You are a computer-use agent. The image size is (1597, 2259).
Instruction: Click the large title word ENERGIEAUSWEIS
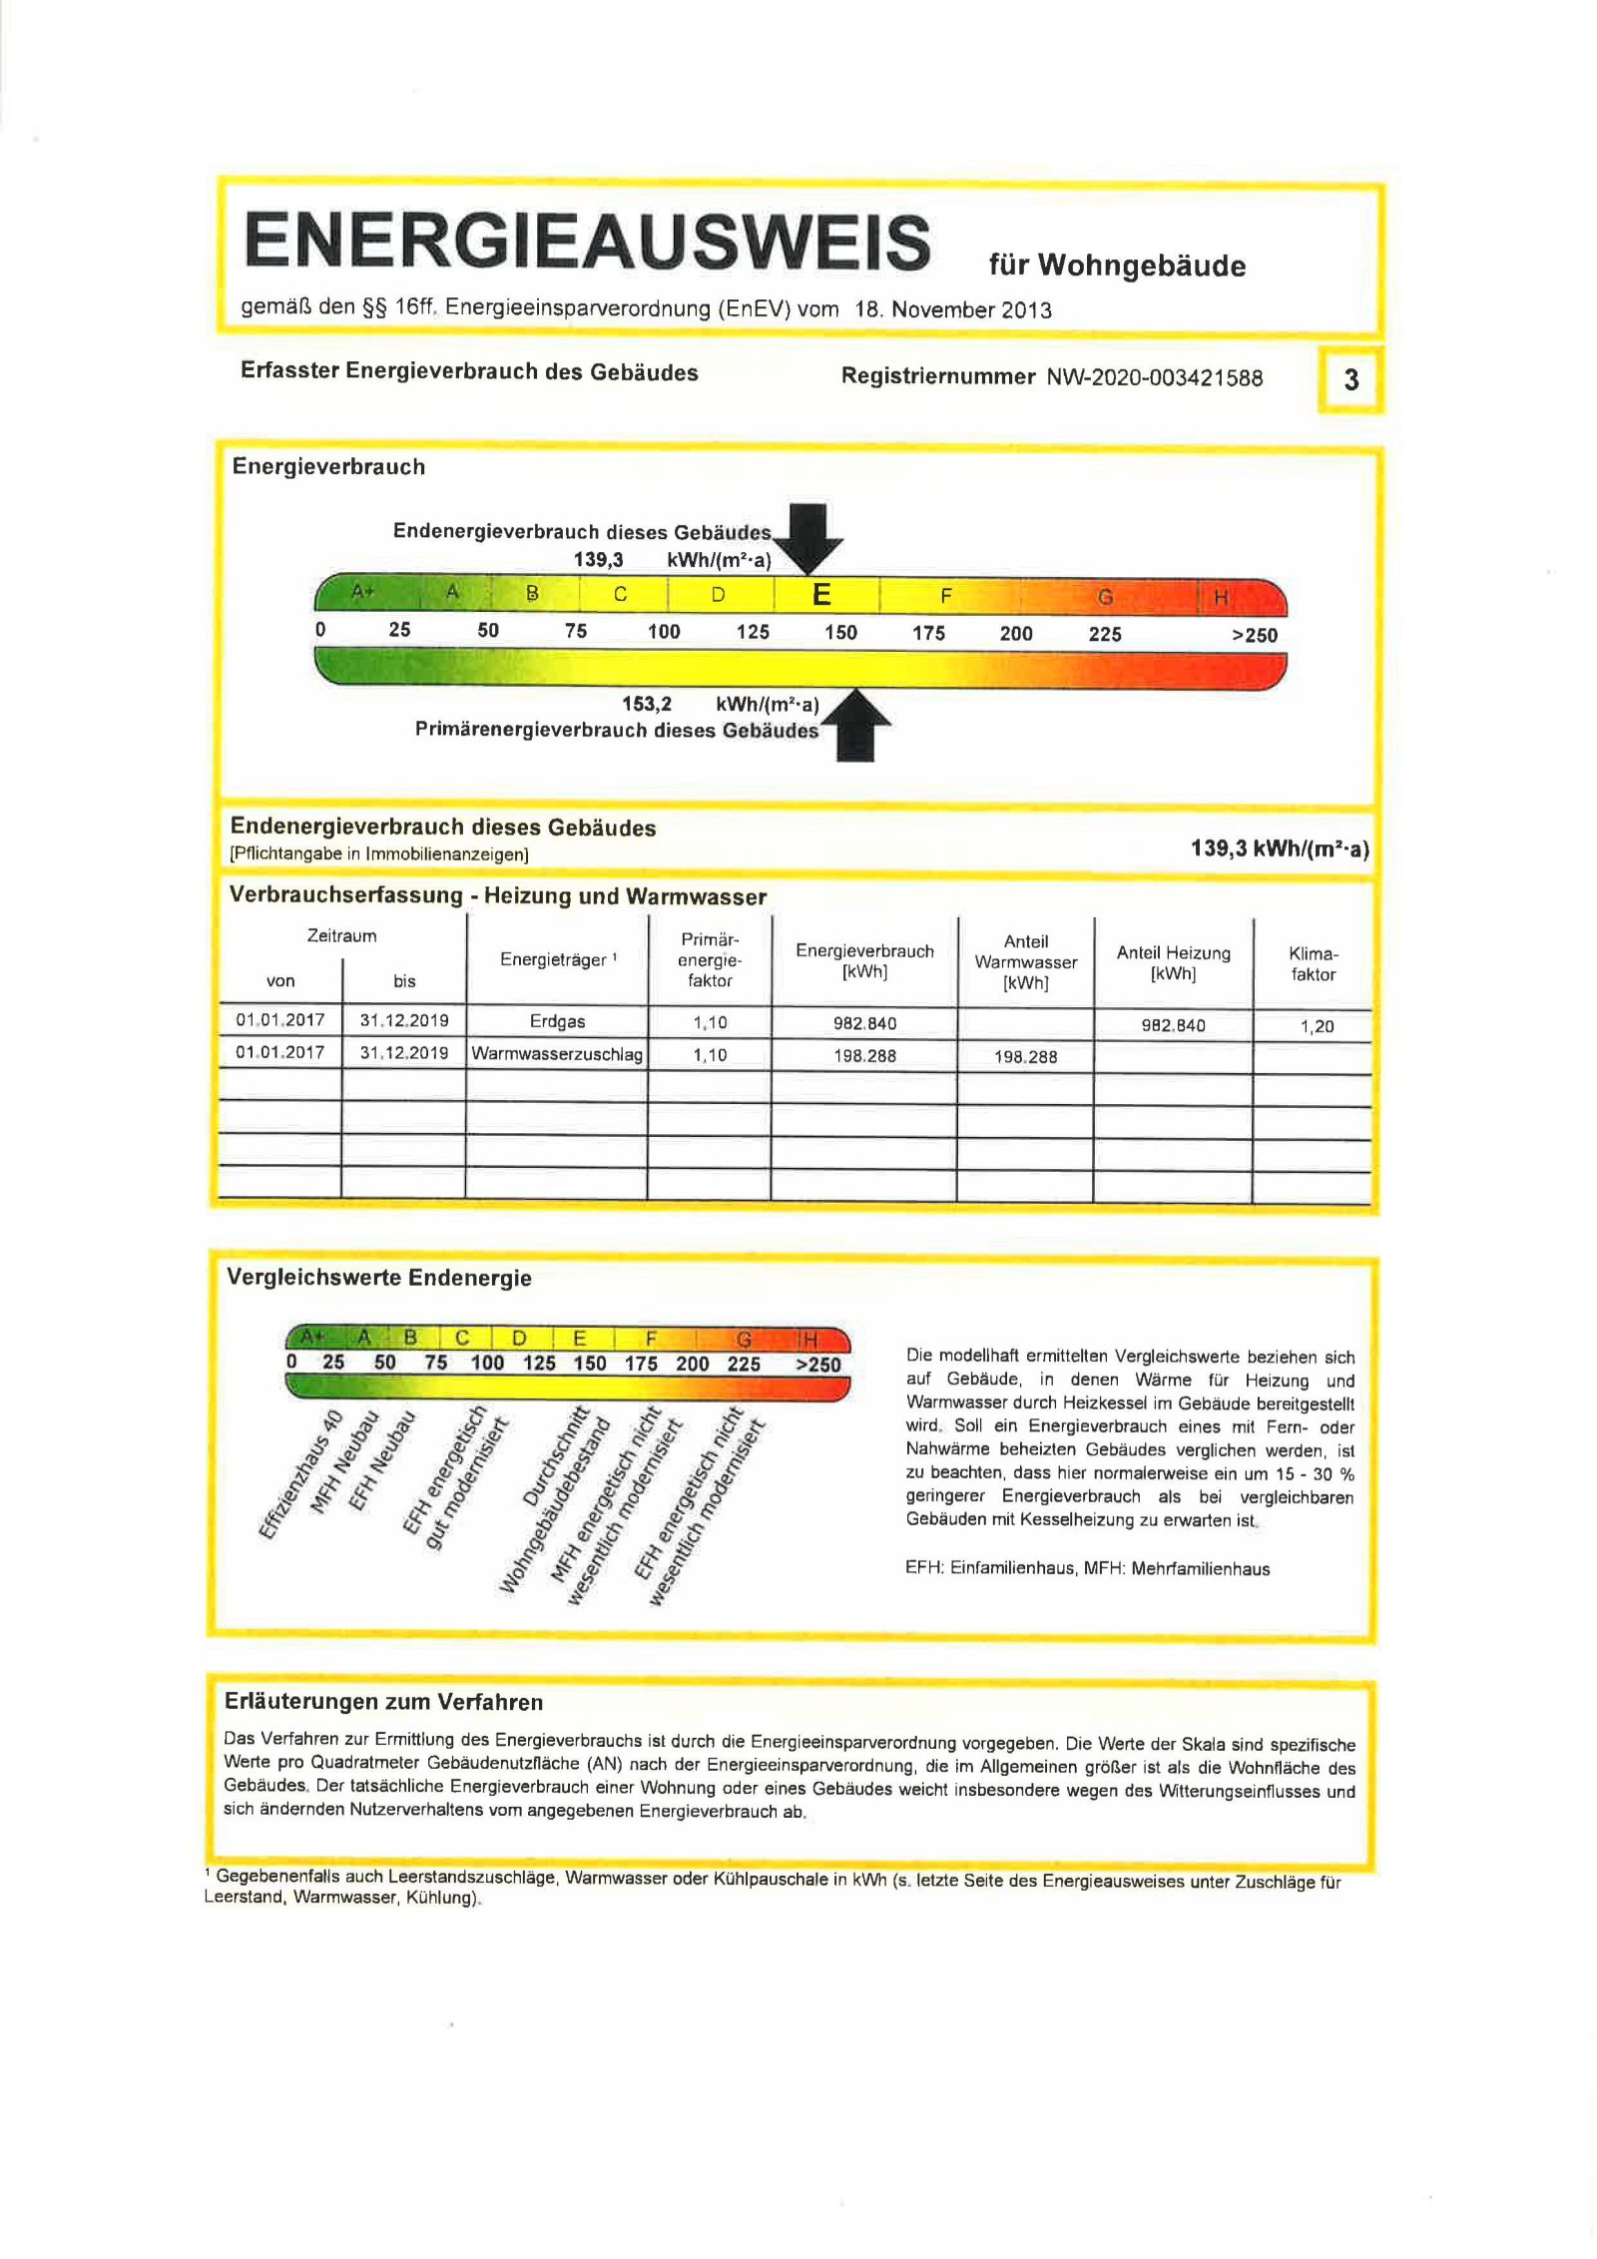[x=587, y=241]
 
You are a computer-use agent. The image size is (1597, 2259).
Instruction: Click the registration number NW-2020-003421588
[x=1154, y=377]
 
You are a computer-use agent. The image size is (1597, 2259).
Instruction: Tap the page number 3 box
[x=1350, y=379]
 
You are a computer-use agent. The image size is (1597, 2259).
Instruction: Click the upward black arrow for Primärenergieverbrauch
[x=855, y=726]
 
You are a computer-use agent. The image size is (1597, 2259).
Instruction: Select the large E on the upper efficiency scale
[x=821, y=595]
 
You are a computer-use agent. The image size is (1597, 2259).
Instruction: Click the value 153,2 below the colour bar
[x=646, y=704]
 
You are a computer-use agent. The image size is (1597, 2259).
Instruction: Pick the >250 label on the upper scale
[x=1254, y=635]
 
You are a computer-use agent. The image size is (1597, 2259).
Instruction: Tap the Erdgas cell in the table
[x=557, y=1021]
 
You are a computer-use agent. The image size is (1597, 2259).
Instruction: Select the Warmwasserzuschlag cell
[x=557, y=1054]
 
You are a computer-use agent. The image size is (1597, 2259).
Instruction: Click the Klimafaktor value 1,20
[x=1317, y=1026]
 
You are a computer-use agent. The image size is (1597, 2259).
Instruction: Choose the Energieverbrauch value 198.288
[x=864, y=1055]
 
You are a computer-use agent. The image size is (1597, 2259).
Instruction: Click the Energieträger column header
[x=557, y=959]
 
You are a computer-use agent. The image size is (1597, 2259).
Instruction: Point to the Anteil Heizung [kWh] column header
[x=1173, y=962]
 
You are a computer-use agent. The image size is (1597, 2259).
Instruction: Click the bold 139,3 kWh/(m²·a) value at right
[x=1279, y=848]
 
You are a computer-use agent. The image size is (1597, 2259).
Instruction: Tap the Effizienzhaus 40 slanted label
[x=300, y=1475]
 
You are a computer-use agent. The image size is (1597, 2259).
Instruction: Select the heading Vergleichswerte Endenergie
[x=378, y=1278]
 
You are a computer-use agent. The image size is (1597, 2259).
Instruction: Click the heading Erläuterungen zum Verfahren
[x=383, y=1702]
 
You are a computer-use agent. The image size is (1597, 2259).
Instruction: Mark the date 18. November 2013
[x=952, y=309]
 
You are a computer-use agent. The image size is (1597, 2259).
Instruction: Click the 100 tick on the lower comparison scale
[x=487, y=1363]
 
